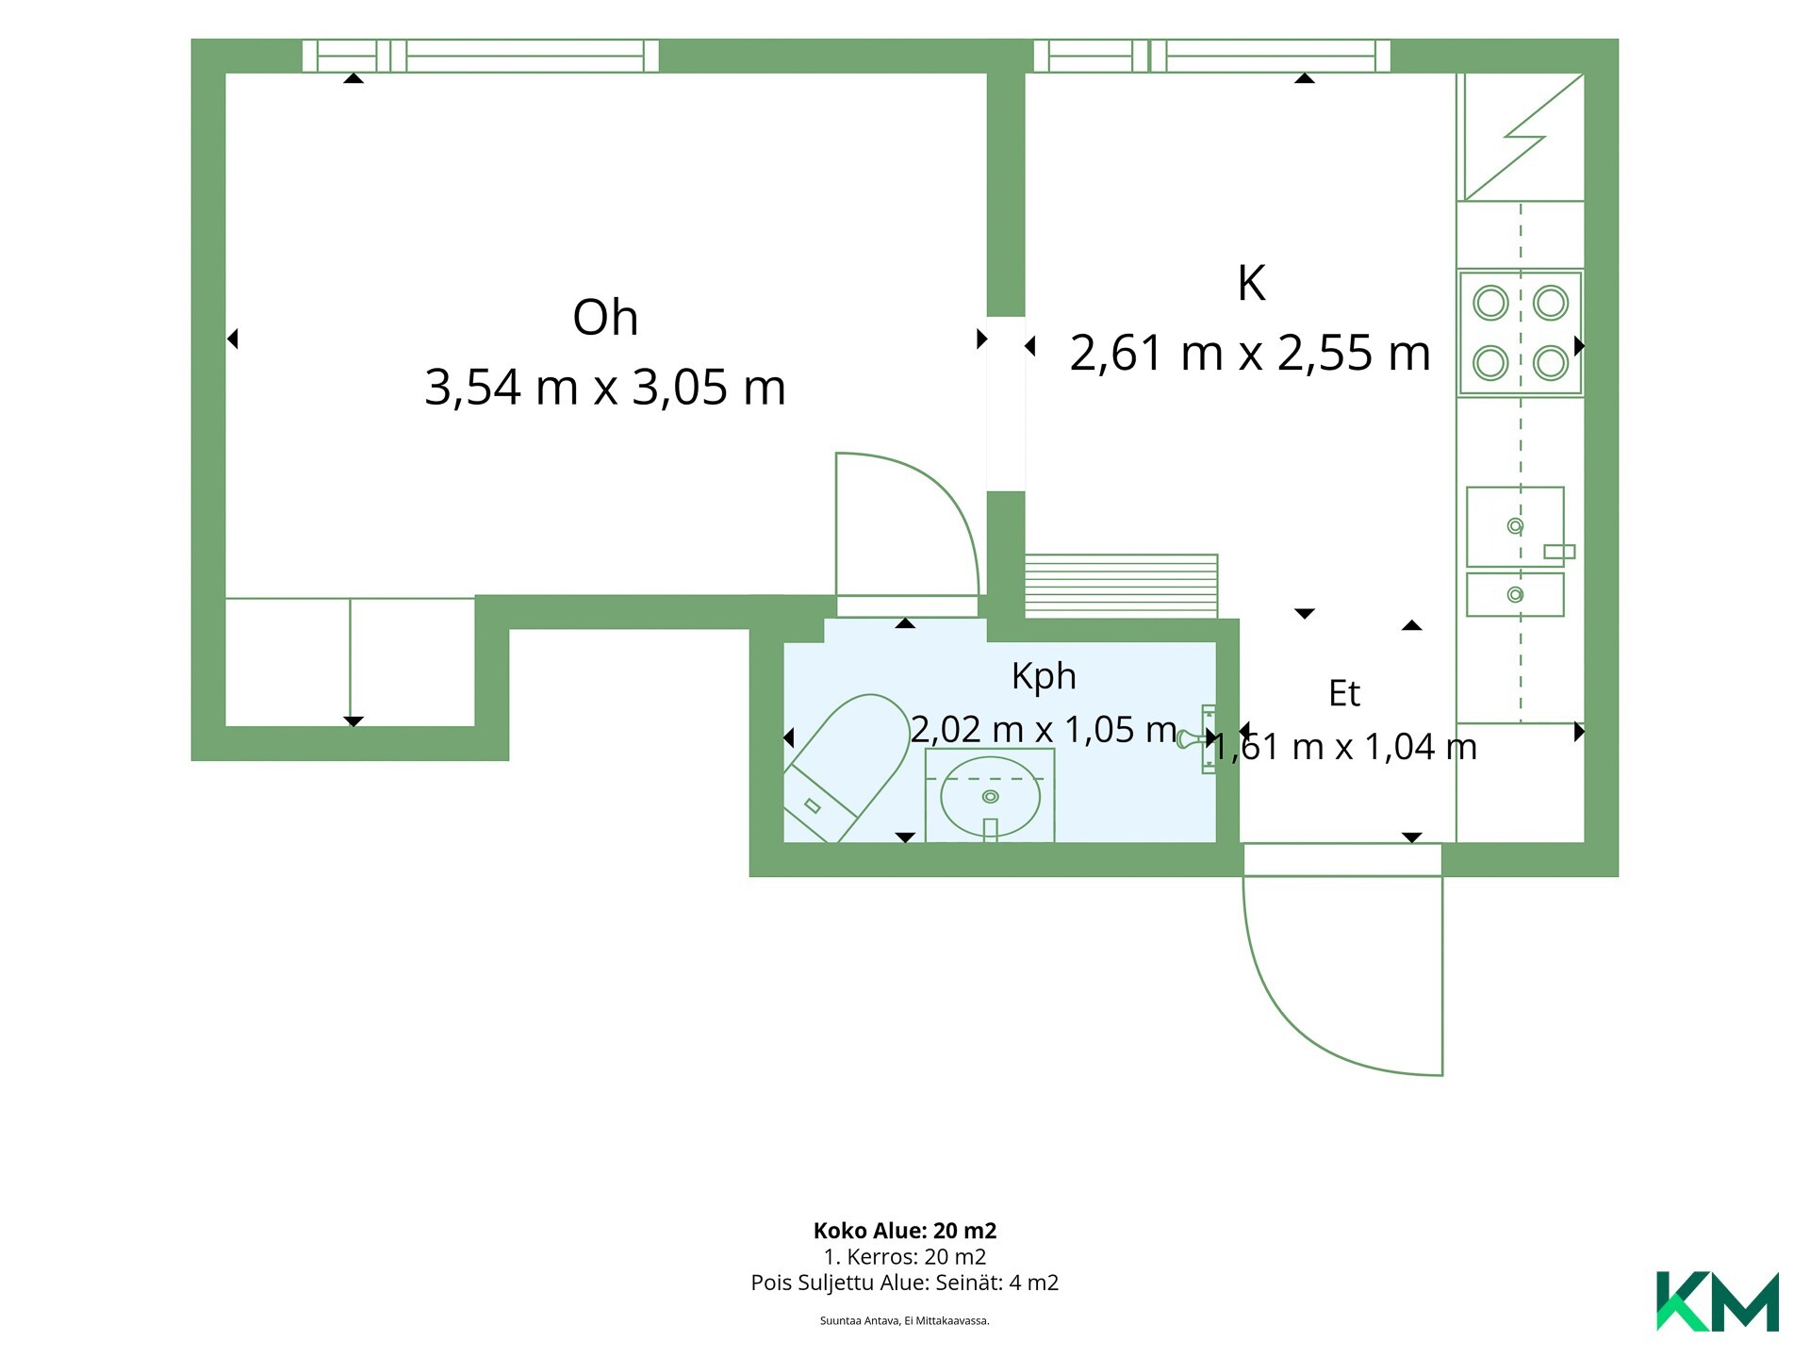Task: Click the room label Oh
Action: [x=605, y=318]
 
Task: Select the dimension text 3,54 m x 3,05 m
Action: [x=605, y=387]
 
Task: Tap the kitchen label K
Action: [x=1251, y=283]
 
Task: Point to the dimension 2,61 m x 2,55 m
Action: [x=1250, y=353]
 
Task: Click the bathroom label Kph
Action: [x=1044, y=676]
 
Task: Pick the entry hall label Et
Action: [x=1344, y=693]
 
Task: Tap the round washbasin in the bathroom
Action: [x=990, y=797]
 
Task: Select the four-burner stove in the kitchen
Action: [x=1520, y=333]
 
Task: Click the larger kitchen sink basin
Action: [x=1515, y=526]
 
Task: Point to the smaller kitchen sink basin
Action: [x=1515, y=594]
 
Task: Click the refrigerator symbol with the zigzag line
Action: [x=1521, y=137]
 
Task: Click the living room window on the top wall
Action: [x=481, y=56]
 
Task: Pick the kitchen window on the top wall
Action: [x=1212, y=56]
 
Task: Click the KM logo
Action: [x=1718, y=1301]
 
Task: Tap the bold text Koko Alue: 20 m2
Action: [x=905, y=1231]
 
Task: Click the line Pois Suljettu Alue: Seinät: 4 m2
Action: [x=905, y=1283]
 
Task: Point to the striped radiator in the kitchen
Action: [x=1121, y=586]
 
